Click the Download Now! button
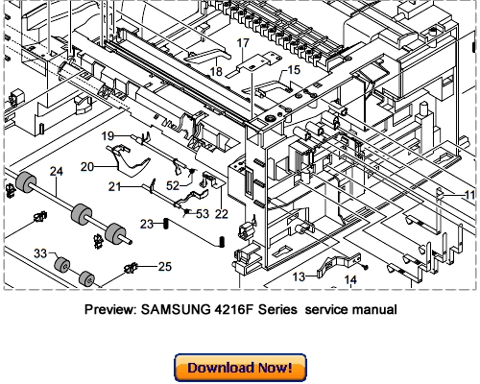tap(240, 367)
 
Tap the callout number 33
tap(40, 253)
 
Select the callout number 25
tap(164, 266)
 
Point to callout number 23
tap(147, 224)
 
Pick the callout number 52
tap(173, 185)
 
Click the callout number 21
tap(114, 185)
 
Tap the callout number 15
tap(294, 70)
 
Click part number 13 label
tap(299, 276)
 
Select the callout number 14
tap(351, 280)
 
